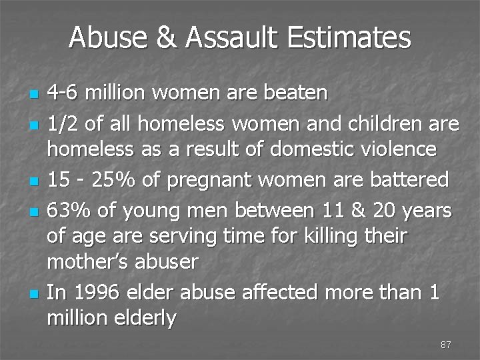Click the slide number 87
click(x=446, y=345)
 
